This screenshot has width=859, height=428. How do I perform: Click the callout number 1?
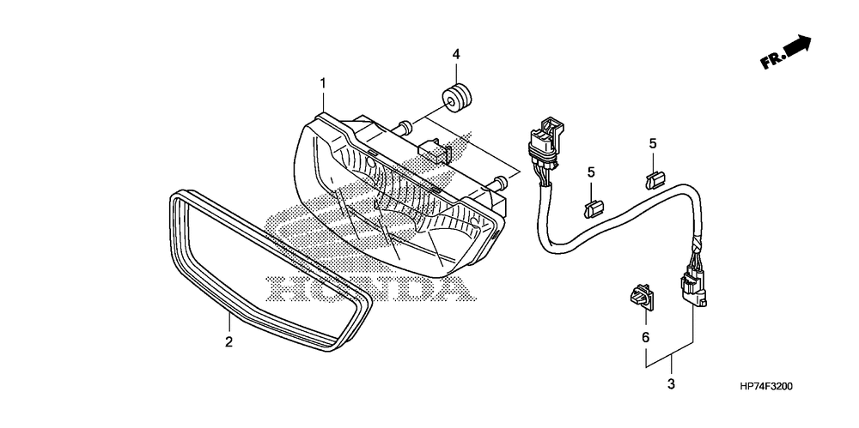point(323,83)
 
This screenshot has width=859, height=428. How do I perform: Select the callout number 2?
point(229,342)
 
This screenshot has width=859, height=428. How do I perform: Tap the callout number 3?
point(671,384)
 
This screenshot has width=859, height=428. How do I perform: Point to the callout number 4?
point(457,54)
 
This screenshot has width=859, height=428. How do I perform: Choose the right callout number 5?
point(653,142)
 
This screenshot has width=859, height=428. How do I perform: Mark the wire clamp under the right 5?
point(654,179)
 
